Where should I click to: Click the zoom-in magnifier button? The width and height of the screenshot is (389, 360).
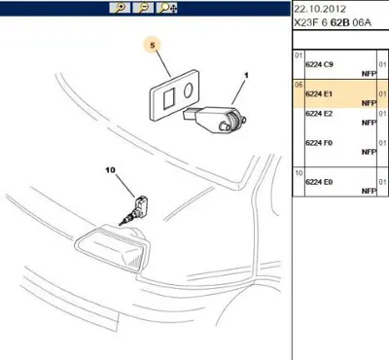click(x=120, y=8)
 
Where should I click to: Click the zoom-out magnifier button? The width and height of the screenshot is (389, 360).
click(x=143, y=8)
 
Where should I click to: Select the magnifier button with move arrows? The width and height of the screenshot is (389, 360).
click(x=167, y=8)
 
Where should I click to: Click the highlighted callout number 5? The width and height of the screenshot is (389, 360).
click(x=153, y=46)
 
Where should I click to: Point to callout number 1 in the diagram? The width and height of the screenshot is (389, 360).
click(x=246, y=76)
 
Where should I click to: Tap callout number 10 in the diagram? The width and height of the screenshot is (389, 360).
click(x=110, y=170)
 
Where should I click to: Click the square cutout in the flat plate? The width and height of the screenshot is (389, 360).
click(x=169, y=99)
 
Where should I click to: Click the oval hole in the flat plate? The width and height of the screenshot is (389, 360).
click(x=188, y=90)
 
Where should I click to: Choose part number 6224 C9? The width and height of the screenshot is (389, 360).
click(x=319, y=64)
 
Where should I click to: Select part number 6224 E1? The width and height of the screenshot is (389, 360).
click(x=319, y=93)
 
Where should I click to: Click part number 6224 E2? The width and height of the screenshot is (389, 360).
click(x=319, y=114)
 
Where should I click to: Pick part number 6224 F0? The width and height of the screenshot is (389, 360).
click(x=319, y=143)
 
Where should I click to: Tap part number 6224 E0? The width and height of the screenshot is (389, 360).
click(x=319, y=182)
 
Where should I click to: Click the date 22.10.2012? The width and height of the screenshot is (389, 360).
click(x=320, y=9)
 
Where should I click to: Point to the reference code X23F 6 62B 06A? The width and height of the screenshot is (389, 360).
click(x=333, y=22)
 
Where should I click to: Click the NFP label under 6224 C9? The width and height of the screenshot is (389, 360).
click(x=369, y=74)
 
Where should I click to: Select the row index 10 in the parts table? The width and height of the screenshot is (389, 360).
click(x=299, y=173)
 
